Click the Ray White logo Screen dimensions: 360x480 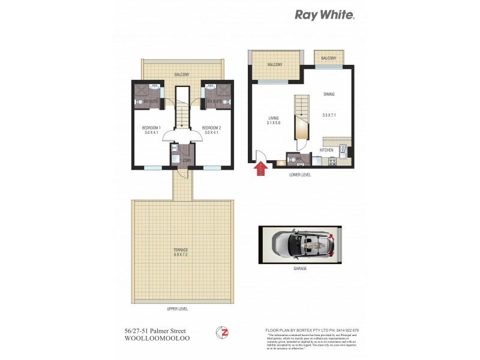[x=325, y=15]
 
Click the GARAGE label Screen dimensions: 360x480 [x=300, y=269]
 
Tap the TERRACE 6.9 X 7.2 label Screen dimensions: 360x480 [x=181, y=252]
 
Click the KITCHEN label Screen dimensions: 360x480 [x=326, y=150]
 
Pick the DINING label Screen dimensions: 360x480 [x=329, y=94]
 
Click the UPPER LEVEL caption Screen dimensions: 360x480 [x=180, y=309]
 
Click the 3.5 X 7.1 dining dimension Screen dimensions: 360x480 [x=329, y=115]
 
